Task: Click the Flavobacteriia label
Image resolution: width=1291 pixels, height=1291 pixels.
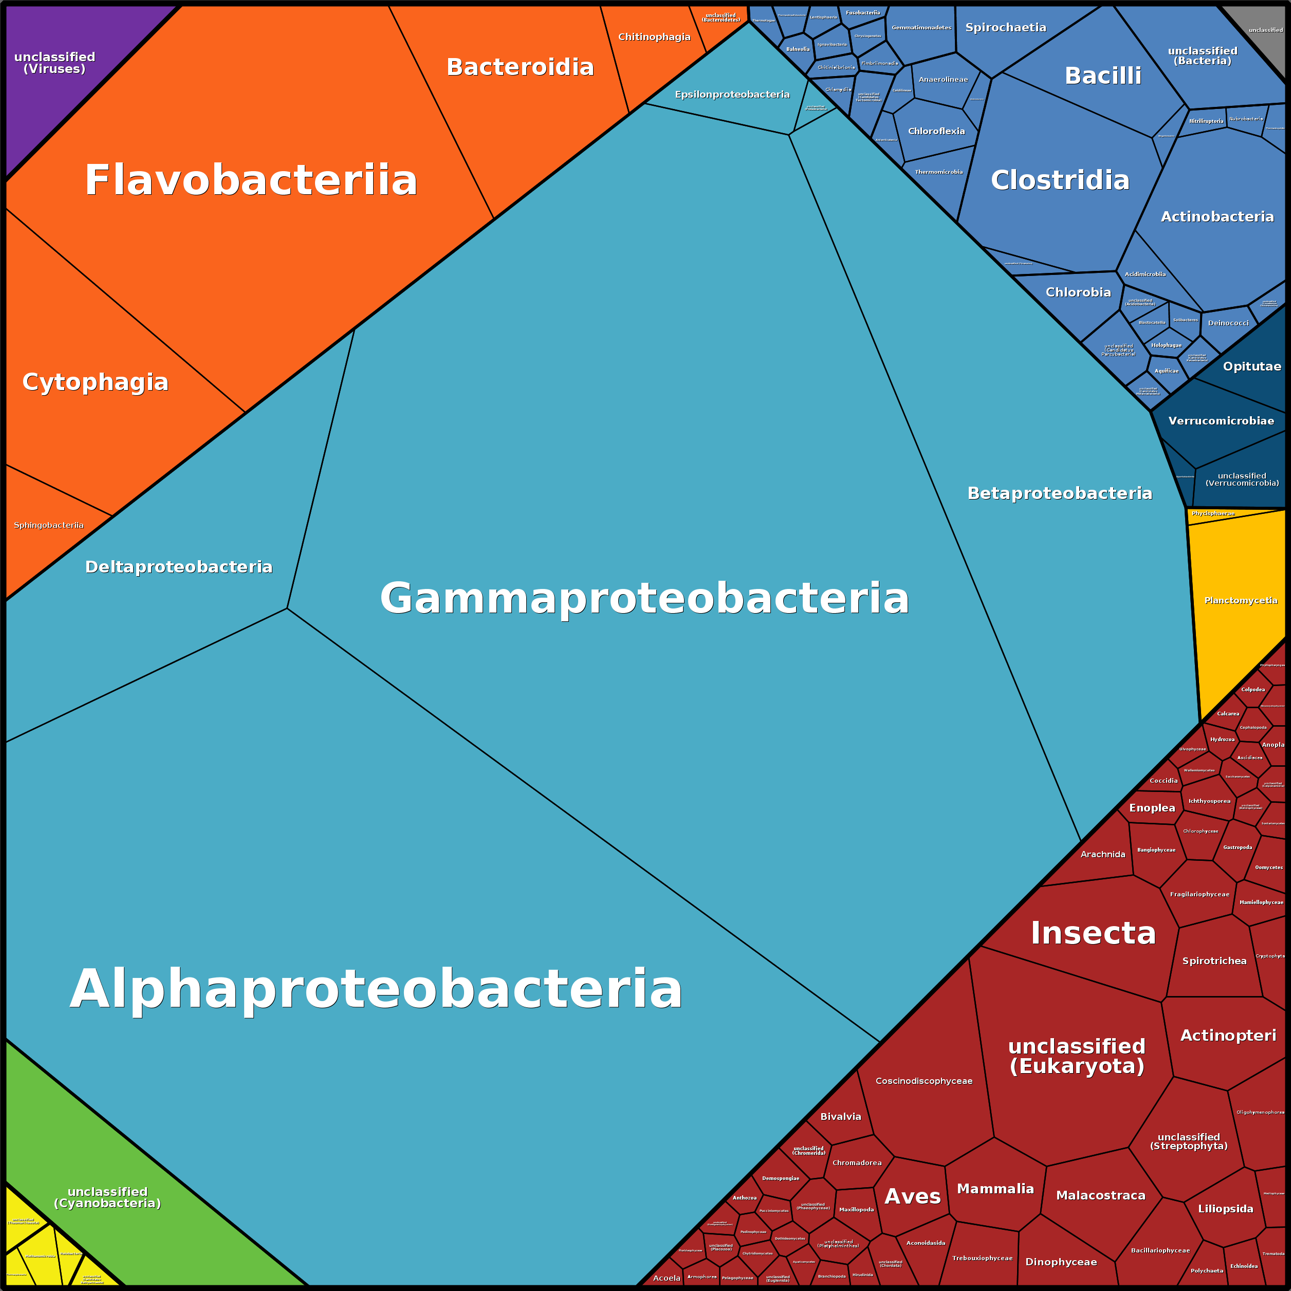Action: click(251, 180)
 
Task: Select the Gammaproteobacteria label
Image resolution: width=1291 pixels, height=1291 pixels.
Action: click(644, 598)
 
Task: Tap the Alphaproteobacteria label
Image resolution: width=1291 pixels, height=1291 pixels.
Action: click(376, 989)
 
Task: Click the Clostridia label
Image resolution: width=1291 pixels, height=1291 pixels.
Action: click(1060, 180)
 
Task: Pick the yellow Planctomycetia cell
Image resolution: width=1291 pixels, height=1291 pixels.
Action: click(1240, 601)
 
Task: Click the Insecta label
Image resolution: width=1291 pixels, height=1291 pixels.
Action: click(1093, 933)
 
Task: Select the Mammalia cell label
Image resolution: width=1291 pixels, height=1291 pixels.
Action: click(995, 1189)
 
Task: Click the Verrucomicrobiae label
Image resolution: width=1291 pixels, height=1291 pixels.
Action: click(1221, 421)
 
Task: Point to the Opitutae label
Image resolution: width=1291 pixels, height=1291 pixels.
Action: click(1251, 366)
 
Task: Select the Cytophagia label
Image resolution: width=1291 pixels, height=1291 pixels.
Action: click(96, 382)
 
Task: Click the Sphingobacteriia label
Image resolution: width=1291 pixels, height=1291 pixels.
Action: click(49, 525)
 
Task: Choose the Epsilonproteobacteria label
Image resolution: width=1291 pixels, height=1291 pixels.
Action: click(732, 94)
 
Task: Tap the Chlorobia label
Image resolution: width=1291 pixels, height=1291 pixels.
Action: click(1078, 292)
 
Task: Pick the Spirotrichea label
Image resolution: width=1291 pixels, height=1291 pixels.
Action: click(1214, 961)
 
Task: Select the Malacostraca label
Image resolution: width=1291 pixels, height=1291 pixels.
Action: click(1100, 1195)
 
